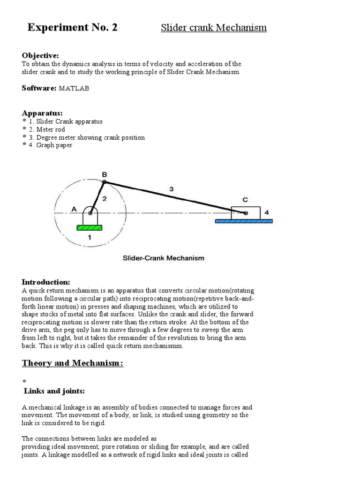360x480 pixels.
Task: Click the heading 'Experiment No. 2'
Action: (72, 28)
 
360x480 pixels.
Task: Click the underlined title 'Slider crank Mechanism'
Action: (214, 28)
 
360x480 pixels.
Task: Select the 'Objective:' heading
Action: (40, 56)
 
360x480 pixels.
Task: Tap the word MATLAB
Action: (75, 88)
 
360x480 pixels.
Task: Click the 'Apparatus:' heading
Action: (42, 113)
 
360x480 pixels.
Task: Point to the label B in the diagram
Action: (104, 174)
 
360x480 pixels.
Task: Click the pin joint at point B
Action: (104, 182)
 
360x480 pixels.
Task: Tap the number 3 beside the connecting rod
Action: (172, 189)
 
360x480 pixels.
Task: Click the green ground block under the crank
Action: (89, 228)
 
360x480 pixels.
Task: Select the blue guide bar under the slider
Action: (245, 221)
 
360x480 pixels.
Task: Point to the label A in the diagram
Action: (73, 210)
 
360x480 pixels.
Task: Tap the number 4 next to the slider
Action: (267, 212)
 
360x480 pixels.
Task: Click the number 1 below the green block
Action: (90, 238)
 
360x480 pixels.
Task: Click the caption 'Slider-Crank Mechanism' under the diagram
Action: (163, 258)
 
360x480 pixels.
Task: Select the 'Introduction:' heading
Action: (46, 282)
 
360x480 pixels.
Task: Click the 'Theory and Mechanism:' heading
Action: (73, 363)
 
